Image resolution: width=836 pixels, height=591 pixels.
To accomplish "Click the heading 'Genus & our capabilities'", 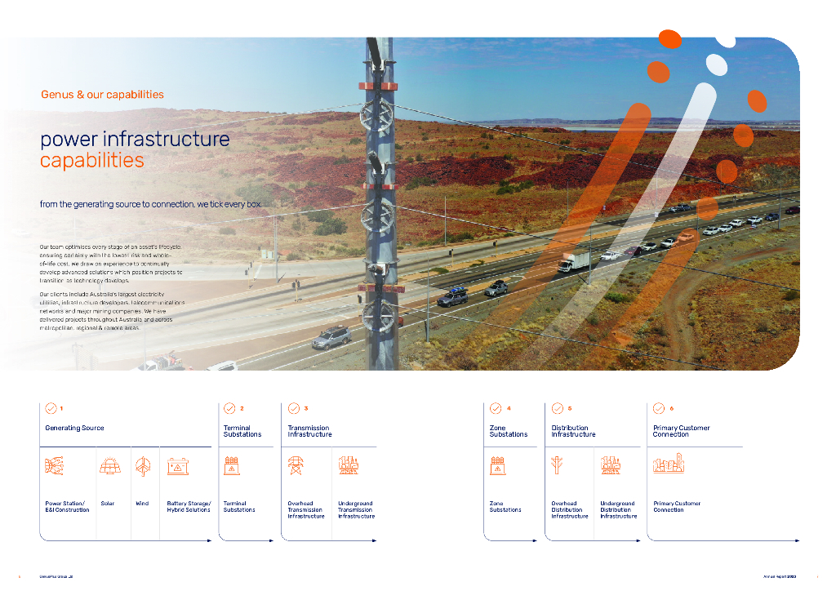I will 102,95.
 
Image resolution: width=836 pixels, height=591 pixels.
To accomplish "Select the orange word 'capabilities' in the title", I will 91,160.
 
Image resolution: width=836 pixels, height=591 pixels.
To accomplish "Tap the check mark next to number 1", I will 51,408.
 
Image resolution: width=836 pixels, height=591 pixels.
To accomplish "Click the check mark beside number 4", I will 496,408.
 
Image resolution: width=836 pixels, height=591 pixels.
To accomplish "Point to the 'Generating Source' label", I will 74,429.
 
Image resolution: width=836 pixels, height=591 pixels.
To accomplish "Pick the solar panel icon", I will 109,466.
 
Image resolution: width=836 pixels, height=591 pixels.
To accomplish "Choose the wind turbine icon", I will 143,466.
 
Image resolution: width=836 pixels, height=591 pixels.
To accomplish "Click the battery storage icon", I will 178,466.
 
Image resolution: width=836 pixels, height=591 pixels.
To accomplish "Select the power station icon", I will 55,466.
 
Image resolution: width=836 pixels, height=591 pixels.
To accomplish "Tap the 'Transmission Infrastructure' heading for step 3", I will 309,431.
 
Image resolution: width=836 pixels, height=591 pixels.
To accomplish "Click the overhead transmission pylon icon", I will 296,466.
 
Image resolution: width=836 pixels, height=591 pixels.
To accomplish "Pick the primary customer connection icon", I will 669,464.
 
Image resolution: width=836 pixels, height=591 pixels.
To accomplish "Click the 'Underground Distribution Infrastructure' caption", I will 618,510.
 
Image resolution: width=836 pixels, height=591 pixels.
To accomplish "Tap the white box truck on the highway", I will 574,261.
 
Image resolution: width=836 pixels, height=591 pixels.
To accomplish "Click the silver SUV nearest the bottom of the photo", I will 331,335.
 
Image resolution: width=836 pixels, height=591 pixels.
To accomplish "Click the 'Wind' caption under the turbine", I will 142,504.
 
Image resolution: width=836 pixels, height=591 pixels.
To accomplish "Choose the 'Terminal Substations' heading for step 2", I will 242,431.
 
